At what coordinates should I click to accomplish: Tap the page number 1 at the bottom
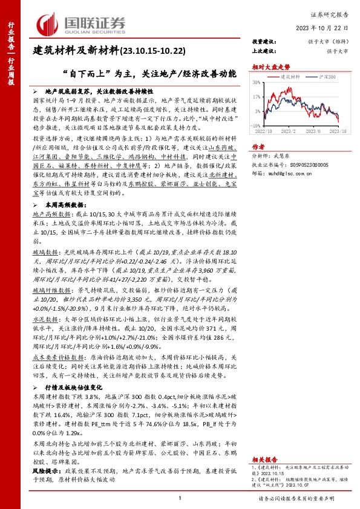click(180, 498)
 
